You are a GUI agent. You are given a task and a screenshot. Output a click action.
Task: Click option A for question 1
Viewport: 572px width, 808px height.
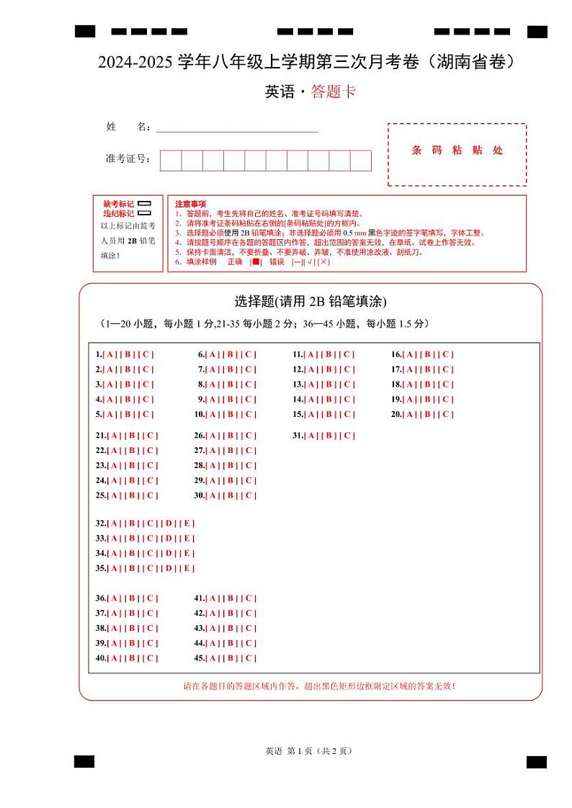coord(109,354)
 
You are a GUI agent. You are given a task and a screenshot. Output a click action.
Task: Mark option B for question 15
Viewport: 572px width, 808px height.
coord(329,414)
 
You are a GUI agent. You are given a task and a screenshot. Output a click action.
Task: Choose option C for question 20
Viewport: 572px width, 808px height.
coord(446,414)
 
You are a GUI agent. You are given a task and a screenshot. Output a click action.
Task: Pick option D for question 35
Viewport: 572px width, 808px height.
coord(168,568)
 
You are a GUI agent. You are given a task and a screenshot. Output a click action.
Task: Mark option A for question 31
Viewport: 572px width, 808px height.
coord(310,435)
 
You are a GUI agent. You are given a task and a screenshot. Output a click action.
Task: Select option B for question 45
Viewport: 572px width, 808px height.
coord(231,658)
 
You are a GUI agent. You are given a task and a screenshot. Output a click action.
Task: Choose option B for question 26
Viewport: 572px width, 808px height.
coord(231,435)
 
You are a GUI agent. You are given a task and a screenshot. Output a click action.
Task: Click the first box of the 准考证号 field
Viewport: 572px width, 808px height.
coord(171,161)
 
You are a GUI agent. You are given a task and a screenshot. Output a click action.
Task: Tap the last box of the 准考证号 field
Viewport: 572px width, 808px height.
coord(360,161)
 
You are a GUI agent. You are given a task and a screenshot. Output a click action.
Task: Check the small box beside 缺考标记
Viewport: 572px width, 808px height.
coord(144,204)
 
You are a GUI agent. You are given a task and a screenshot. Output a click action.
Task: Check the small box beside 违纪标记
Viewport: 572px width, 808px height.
coord(144,213)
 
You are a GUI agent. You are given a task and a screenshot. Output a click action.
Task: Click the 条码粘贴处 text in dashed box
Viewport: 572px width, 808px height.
coord(457,151)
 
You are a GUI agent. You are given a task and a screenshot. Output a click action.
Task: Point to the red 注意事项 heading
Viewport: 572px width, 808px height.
coord(190,204)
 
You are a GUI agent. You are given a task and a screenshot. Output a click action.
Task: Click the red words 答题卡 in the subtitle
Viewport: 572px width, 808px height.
coord(334,91)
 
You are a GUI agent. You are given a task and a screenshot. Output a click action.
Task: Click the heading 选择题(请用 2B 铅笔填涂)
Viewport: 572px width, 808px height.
coord(310,301)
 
